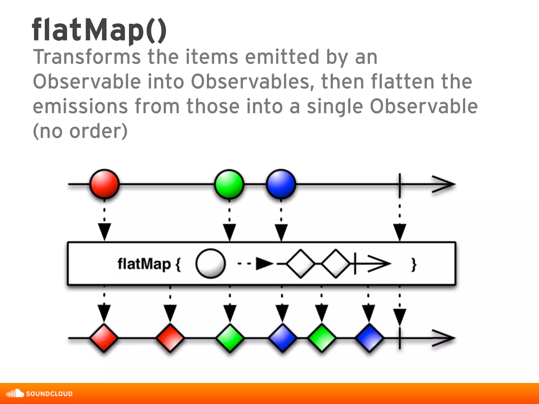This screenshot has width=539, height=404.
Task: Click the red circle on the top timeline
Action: point(104,184)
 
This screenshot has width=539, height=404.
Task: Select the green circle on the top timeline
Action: point(229,184)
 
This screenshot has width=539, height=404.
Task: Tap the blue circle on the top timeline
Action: point(281,184)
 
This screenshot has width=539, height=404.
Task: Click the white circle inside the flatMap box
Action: point(211,264)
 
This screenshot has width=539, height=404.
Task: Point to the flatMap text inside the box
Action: point(144,264)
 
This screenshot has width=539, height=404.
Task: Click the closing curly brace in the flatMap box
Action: point(414,264)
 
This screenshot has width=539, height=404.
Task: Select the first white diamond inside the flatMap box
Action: point(301,264)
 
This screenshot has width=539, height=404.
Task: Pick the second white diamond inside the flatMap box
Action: point(336,264)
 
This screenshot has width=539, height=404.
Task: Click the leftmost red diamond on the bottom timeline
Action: point(104,338)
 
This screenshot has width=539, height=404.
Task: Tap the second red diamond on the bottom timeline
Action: point(170,338)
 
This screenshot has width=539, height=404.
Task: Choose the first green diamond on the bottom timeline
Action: point(230,338)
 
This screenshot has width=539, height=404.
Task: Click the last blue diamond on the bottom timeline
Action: point(369,338)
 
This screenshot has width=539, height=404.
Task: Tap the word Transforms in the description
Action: point(87,57)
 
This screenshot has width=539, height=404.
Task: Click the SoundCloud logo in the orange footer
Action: point(39,393)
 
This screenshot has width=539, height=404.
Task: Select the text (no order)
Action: point(80,131)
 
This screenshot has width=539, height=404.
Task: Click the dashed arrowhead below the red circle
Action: point(104,231)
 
